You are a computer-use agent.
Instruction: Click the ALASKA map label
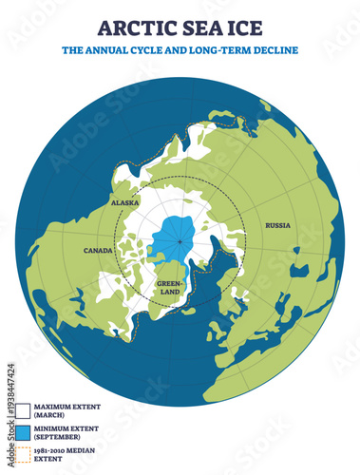(x=124, y=202)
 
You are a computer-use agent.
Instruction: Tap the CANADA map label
(x=99, y=251)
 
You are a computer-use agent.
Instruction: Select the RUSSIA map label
(x=278, y=225)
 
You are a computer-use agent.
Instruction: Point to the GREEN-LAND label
(x=169, y=287)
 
